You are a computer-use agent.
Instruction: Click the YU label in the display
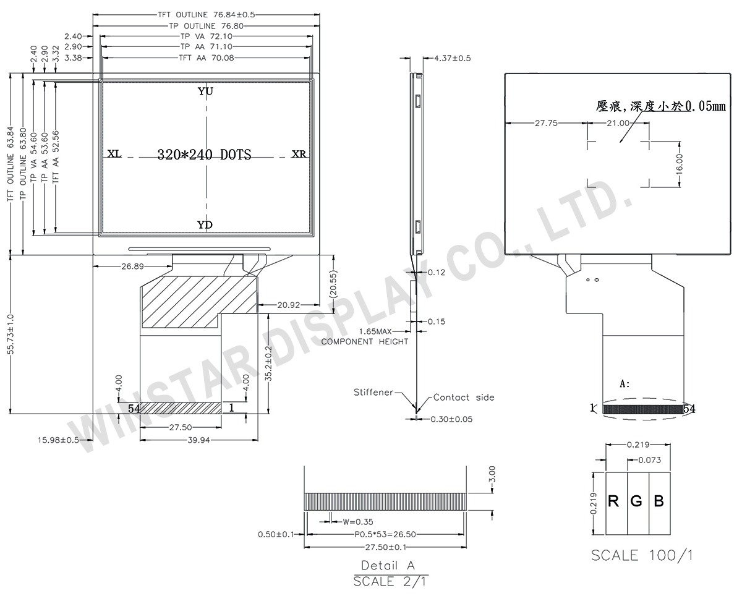(205, 92)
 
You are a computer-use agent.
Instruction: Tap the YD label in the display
(205, 225)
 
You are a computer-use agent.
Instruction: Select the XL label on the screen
(114, 154)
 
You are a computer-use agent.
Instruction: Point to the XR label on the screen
(299, 154)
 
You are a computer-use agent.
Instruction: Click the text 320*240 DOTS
(205, 155)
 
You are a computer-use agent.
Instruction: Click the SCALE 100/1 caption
(642, 555)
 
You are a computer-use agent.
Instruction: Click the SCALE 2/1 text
(390, 581)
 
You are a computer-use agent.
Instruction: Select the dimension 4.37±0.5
(453, 58)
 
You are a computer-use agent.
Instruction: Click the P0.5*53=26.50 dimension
(385, 534)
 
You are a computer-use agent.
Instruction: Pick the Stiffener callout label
(373, 393)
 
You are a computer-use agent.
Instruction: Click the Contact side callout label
(464, 398)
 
